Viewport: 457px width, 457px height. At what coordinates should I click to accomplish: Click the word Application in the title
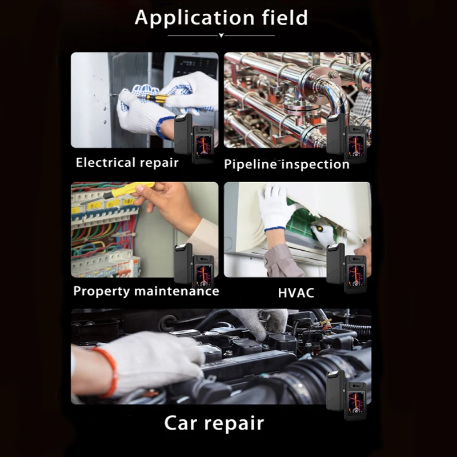click(x=195, y=18)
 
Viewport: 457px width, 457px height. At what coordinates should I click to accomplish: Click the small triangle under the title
click(x=221, y=35)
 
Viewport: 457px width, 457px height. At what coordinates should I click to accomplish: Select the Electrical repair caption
click(x=127, y=163)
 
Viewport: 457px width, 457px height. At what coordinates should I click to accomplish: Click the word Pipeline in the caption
click(x=250, y=165)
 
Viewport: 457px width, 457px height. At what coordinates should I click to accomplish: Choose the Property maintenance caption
click(x=146, y=291)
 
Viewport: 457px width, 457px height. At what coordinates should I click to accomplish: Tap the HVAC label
click(x=296, y=293)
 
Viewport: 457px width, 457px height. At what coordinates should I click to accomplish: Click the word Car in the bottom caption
click(x=181, y=423)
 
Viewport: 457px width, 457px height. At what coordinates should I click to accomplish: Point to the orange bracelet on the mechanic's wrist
click(x=109, y=371)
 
